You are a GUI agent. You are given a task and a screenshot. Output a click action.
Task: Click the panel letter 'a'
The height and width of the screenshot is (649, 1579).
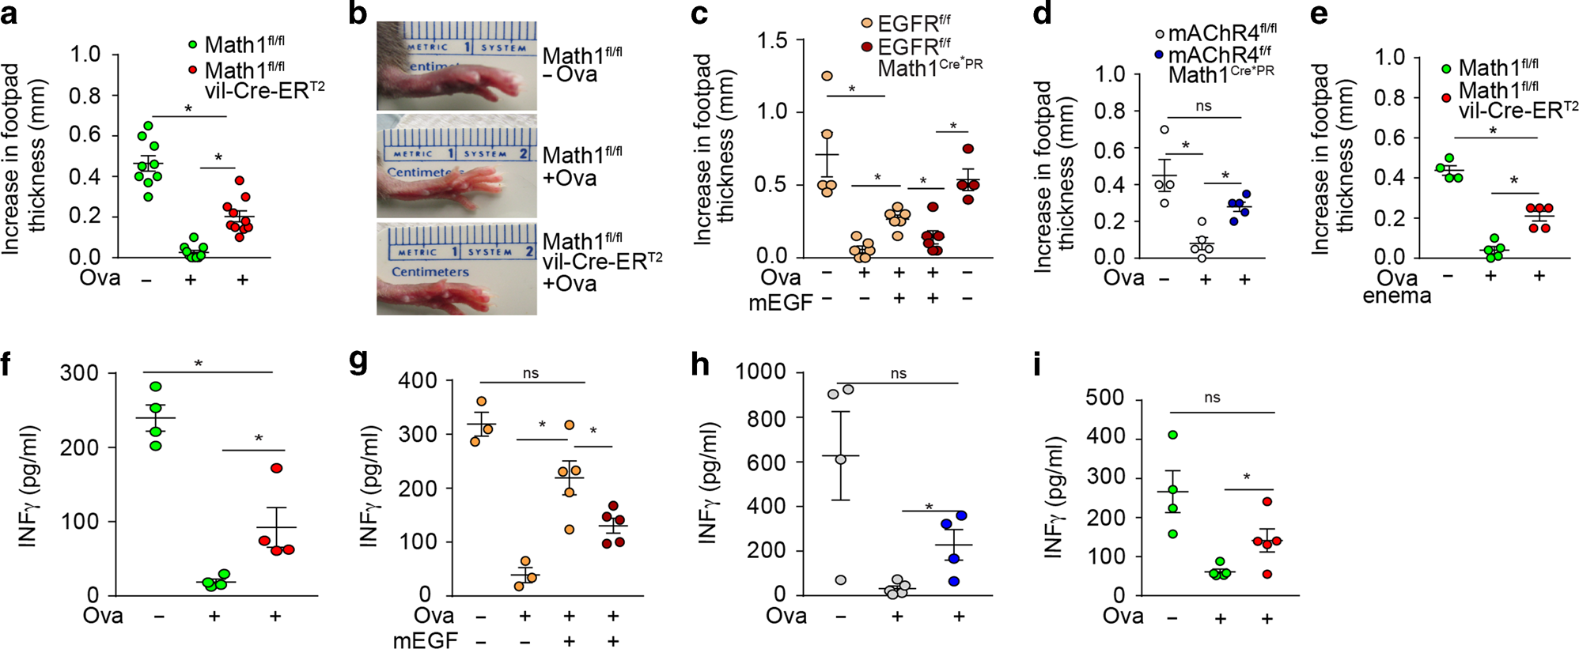coord(9,15)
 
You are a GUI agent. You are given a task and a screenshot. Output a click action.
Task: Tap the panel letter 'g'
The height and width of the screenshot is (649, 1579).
coord(358,361)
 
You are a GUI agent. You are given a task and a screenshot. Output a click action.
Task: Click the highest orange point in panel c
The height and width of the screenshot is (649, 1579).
coord(827,76)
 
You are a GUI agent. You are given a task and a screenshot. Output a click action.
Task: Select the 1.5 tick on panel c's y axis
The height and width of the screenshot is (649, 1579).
coord(772,40)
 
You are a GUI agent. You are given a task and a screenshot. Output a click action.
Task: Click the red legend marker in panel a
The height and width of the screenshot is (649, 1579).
coord(192,70)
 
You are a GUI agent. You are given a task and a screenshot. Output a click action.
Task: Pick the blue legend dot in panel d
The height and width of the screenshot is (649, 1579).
coord(1160,55)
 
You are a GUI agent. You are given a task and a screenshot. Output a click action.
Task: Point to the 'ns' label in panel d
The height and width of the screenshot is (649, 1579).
coord(1203,106)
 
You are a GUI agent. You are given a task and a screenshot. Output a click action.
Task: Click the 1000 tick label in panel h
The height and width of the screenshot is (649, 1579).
coord(760,372)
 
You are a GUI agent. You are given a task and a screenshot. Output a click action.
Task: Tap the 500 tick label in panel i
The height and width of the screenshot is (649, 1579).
coord(1104,398)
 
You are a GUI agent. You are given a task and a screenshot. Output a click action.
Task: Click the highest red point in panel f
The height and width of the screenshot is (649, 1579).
coord(276,468)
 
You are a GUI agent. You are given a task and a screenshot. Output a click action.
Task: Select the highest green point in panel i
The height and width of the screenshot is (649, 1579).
coord(1172,435)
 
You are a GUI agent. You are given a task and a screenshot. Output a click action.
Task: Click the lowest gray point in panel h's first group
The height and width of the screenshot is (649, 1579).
coord(840,580)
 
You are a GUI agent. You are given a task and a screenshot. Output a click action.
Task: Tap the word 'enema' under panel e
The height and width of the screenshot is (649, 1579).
coord(1396,296)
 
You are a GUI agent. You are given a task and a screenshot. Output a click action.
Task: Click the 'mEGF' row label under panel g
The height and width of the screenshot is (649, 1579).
coord(425,640)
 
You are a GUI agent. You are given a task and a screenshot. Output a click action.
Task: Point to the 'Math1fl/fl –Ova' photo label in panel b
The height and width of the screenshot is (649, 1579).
coord(581,65)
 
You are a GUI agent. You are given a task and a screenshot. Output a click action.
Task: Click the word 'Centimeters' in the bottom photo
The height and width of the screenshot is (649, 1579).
coord(430,271)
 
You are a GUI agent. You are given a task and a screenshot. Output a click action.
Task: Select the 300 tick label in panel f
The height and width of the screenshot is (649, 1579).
coord(79,373)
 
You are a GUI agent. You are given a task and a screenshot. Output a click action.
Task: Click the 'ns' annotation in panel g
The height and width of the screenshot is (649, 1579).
coord(530,373)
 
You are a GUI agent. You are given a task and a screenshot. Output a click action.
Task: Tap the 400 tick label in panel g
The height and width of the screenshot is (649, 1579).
coord(418,380)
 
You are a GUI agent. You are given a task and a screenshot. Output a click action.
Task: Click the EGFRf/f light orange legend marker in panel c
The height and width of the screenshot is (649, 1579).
coord(867,24)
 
